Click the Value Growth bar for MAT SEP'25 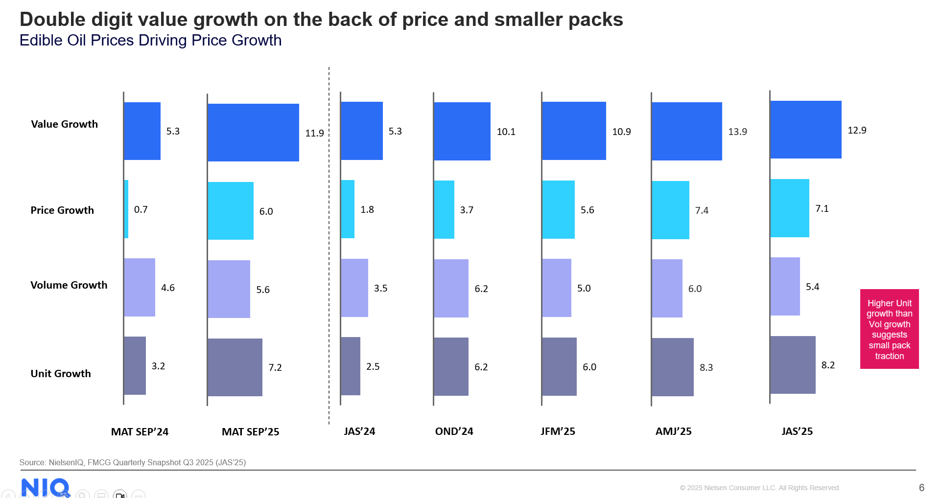tap(253, 133)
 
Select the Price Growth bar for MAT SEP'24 tap(126, 209)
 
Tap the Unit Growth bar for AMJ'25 tap(672, 367)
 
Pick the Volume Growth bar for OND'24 tap(451, 288)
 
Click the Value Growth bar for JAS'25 tap(805, 130)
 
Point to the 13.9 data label tap(737, 132)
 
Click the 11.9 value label tap(314, 133)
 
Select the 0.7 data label tap(141, 209)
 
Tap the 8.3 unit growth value tap(706, 367)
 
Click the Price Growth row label tap(62, 210)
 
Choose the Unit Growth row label tap(61, 374)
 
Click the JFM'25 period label tap(558, 431)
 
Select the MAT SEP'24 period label tap(140, 432)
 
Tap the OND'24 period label tap(454, 431)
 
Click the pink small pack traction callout tap(889, 329)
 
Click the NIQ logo tap(45, 487)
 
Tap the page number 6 tap(921, 488)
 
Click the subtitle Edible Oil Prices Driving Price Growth tap(150, 40)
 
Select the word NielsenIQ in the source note tap(66, 462)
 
